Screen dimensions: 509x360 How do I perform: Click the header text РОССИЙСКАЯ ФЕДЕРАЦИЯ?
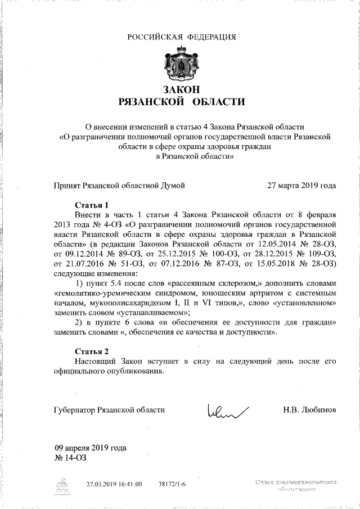181,38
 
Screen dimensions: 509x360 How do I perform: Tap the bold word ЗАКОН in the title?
181,89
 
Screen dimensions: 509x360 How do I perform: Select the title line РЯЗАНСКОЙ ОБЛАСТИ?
181,102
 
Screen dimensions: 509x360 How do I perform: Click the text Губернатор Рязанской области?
110,409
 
